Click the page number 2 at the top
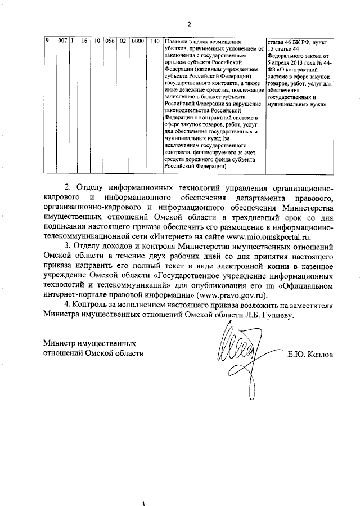click(x=189, y=24)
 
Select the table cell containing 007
click(x=63, y=42)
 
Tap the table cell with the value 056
click(x=110, y=42)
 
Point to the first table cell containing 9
click(x=47, y=42)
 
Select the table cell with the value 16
click(x=84, y=42)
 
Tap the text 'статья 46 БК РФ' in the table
click(x=293, y=42)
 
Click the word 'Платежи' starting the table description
click(x=177, y=42)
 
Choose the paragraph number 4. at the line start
click(x=67, y=305)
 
